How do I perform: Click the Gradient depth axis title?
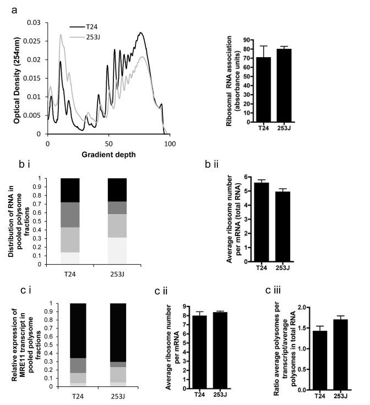(109, 154)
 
